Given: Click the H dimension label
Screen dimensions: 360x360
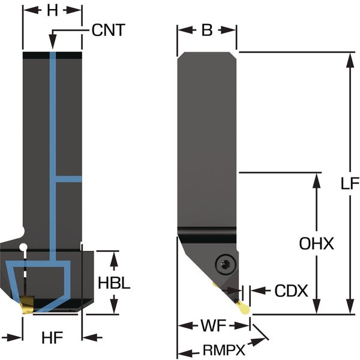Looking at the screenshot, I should [52, 10].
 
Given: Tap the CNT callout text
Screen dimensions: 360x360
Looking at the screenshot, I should [109, 30].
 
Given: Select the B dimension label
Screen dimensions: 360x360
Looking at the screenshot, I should [206, 30].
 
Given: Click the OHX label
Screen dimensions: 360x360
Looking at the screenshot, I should [316, 244].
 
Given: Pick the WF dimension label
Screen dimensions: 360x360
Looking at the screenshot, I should [214, 327].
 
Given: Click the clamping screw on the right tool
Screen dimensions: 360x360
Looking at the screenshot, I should [223, 263].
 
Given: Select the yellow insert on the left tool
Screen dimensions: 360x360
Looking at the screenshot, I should [26, 305].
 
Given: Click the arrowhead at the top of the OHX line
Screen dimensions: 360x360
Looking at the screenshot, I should [317, 178].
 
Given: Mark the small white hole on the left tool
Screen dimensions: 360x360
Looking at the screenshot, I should [23, 247].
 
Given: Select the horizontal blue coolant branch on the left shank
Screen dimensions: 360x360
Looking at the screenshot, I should [68, 179].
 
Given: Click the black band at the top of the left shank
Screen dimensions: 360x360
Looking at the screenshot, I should [52, 56].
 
